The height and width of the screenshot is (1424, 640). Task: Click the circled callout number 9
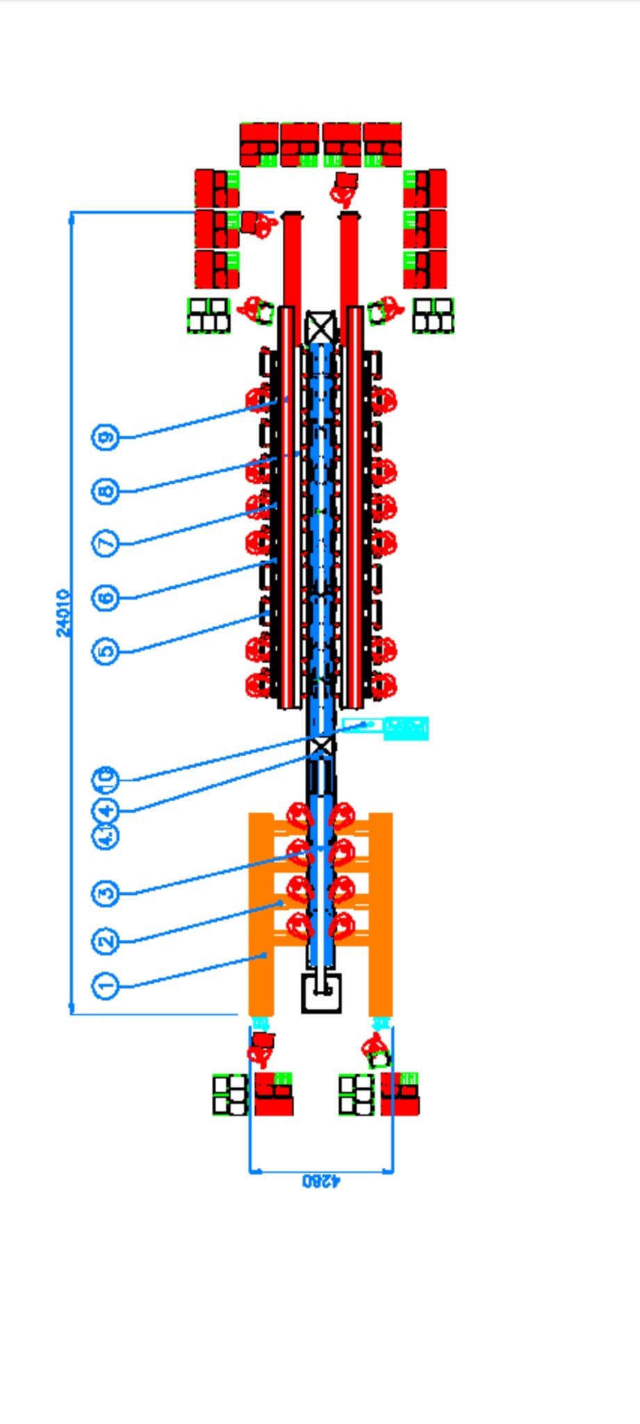click(106, 437)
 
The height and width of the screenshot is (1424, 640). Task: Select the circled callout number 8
click(106, 492)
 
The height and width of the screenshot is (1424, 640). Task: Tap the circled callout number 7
click(106, 542)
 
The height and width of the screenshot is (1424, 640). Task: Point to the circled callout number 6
click(106, 597)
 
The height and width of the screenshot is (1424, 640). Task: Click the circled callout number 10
click(106, 778)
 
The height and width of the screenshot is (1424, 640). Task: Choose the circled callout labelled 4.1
click(106, 836)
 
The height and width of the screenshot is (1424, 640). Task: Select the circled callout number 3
click(106, 893)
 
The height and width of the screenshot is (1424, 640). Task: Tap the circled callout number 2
click(106, 941)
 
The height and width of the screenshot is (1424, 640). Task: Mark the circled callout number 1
click(106, 985)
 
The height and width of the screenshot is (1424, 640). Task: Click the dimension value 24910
click(63, 613)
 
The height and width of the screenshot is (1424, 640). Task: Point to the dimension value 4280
click(321, 1180)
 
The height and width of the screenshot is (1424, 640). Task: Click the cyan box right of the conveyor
click(405, 728)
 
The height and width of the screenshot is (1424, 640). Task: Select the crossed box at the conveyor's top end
click(320, 326)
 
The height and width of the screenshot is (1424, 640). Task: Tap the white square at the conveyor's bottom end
click(321, 992)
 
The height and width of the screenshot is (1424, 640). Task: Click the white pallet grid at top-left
click(208, 315)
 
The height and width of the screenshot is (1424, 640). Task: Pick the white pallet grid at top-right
click(434, 315)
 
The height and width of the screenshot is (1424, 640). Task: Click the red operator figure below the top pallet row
click(344, 188)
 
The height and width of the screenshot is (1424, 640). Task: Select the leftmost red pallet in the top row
click(259, 145)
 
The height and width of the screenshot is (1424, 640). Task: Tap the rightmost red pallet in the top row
click(382, 145)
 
